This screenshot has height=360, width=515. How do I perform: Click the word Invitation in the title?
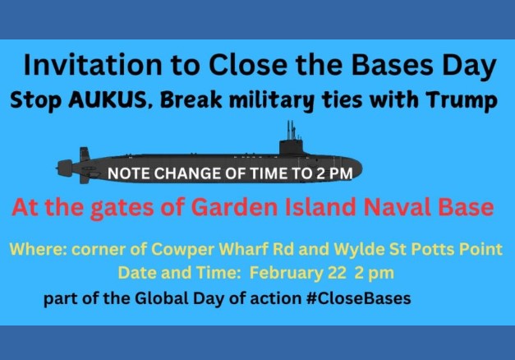point(93,64)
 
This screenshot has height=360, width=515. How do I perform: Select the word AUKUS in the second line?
point(108,99)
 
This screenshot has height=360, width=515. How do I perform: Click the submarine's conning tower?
point(291,147)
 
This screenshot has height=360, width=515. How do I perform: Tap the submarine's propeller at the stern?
point(65,168)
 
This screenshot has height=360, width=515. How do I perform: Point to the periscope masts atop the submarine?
point(291,130)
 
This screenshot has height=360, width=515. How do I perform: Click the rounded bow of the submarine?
point(353,168)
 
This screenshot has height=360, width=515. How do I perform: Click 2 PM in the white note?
point(334,173)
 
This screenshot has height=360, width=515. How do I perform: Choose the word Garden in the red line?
point(235,207)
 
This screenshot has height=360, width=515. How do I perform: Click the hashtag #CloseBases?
point(358,298)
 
